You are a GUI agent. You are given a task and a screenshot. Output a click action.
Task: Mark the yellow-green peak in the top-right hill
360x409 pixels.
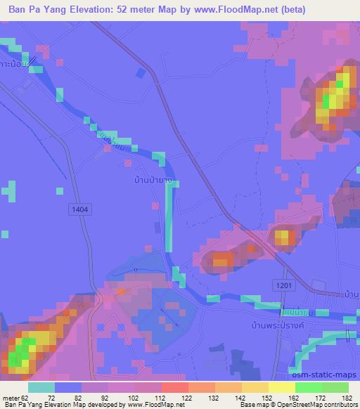coord(336,92)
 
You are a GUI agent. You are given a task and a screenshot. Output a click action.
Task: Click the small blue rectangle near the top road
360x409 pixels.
coord(141,73)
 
